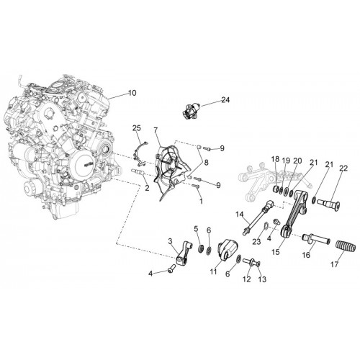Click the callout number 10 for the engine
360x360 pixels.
tap(132, 93)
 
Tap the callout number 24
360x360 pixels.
tap(225, 100)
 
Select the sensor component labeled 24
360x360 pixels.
tap(191, 111)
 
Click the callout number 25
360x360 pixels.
tap(137, 128)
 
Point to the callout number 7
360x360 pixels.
tap(156, 130)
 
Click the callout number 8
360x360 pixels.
tap(206, 163)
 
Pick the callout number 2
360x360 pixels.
tap(147, 188)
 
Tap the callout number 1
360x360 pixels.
tap(201, 201)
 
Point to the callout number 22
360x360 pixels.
tap(343, 168)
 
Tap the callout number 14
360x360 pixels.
tap(239, 214)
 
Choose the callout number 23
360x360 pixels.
tap(256, 241)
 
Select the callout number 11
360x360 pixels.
tap(213, 272)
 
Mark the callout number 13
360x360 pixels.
tap(262, 279)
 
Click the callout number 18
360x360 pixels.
tap(276, 159)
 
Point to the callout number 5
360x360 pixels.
tap(196, 229)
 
